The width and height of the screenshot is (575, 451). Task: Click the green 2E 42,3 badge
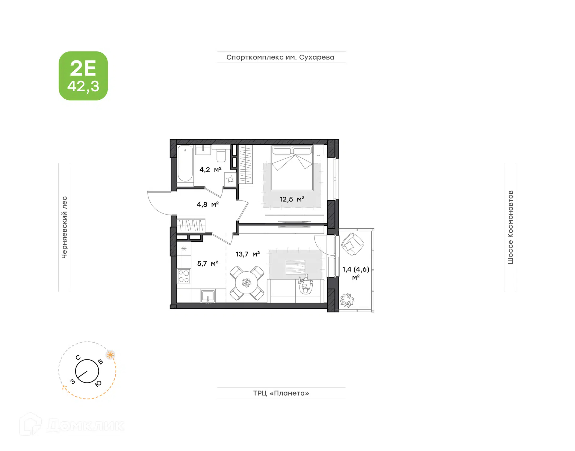point(83,76)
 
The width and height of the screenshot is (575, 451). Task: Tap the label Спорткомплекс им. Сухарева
point(280,57)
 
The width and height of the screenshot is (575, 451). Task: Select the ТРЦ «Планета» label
point(281,393)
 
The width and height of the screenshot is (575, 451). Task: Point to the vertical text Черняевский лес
point(64,227)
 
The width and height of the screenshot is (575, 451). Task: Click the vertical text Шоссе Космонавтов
point(510,227)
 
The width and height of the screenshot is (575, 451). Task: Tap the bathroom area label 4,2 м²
point(211,170)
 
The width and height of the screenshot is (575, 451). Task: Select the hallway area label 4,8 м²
point(208,204)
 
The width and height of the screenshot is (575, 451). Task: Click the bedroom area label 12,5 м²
point(292,199)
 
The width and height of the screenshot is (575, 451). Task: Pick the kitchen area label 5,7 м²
point(208,263)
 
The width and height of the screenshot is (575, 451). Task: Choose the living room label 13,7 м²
point(248,254)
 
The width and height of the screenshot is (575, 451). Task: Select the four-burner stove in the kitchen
point(184,276)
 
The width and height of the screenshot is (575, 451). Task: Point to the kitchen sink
point(208,296)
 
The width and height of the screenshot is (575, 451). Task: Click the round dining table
point(246,283)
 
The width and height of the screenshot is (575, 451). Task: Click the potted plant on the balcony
point(347,300)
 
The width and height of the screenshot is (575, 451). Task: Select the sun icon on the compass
point(111,355)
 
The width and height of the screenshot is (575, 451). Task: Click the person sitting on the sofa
point(305,285)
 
